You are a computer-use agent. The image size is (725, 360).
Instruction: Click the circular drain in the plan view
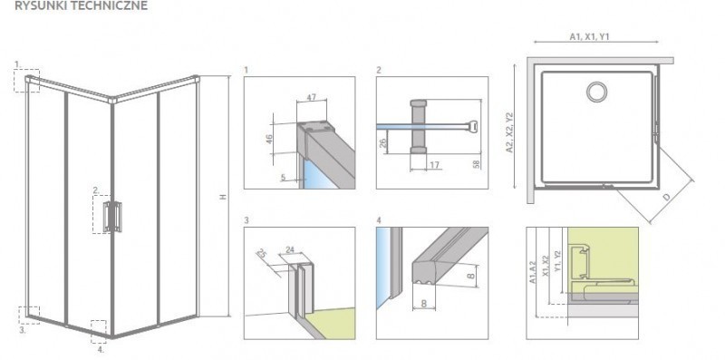point(598,92)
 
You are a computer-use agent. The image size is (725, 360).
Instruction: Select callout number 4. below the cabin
point(101,349)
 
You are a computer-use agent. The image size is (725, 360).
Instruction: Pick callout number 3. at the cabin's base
point(22,331)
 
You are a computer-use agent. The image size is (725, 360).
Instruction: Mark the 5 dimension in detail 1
point(282,179)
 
